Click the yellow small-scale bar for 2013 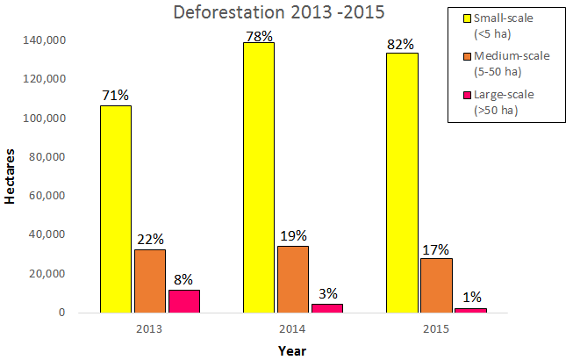pyautogui.click(x=115, y=209)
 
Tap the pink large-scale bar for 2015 pyautogui.click(x=471, y=310)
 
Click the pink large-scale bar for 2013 pyautogui.click(x=184, y=301)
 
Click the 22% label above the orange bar pyautogui.click(x=150, y=239)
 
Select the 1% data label pyautogui.click(x=471, y=297)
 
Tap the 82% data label pyautogui.click(x=401, y=42)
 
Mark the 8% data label pyautogui.click(x=184, y=278)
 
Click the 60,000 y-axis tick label pyautogui.click(x=48, y=196)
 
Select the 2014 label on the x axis pyautogui.click(x=293, y=328)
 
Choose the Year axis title pyautogui.click(x=292, y=349)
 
